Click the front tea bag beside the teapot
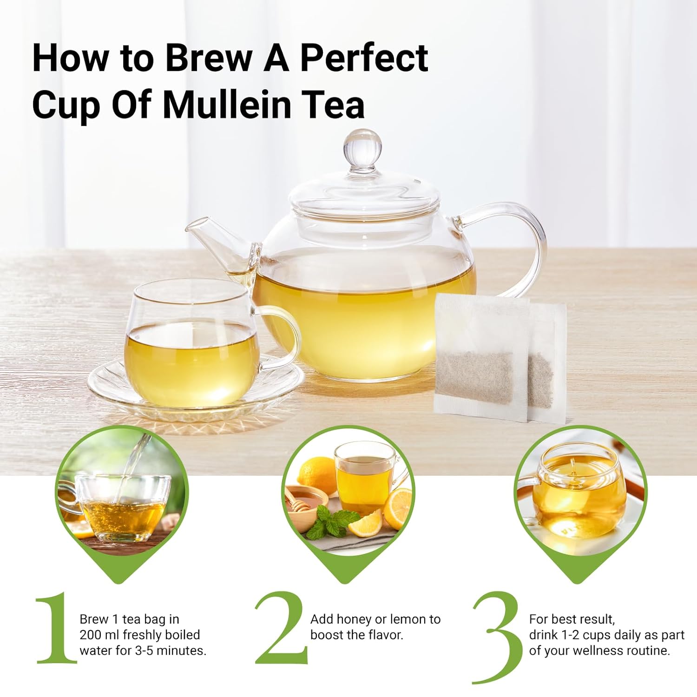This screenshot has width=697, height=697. (480, 358)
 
